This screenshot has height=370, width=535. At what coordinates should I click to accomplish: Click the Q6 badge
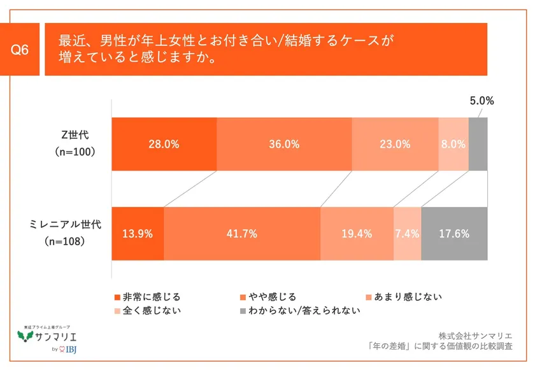[x=21, y=50]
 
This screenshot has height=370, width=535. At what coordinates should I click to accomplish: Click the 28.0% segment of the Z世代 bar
[x=164, y=144]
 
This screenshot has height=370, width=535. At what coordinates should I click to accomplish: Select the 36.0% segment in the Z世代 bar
[x=284, y=144]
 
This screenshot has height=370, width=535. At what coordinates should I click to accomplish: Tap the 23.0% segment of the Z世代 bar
[x=395, y=144]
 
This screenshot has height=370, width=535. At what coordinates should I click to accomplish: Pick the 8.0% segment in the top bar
[x=453, y=144]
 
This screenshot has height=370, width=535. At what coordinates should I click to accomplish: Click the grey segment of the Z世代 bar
[x=478, y=144]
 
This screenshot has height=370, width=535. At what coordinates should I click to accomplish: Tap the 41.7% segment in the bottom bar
[x=242, y=234]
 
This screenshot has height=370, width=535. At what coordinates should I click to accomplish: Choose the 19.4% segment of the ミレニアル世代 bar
[x=357, y=234]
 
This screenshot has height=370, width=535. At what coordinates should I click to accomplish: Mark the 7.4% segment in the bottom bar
[x=407, y=234]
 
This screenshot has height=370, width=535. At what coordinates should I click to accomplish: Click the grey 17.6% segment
[x=454, y=234]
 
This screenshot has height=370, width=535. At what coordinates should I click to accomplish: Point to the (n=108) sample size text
[x=72, y=243]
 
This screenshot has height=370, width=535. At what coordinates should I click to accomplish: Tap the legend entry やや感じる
[x=268, y=297]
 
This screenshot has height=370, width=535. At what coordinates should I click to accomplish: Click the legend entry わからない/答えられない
[x=300, y=311]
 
